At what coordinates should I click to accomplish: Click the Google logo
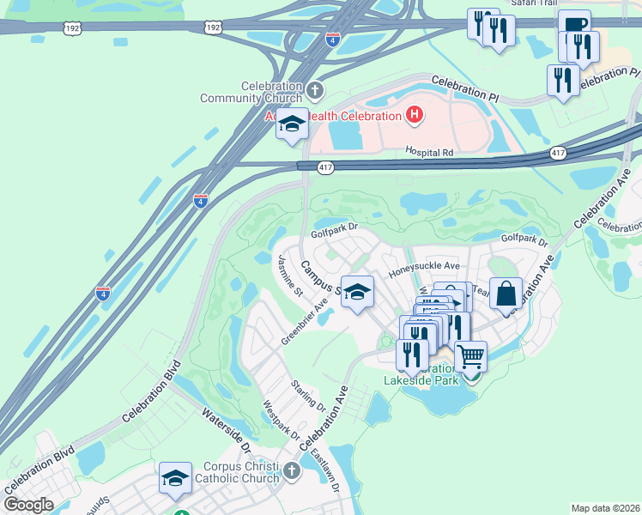click(x=29, y=505)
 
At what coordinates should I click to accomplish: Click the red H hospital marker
click(x=415, y=114)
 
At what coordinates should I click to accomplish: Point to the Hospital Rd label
click(x=429, y=152)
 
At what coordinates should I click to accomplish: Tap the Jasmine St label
click(x=288, y=275)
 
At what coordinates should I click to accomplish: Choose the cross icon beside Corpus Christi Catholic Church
click(x=292, y=470)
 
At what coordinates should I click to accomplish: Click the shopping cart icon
click(x=471, y=354)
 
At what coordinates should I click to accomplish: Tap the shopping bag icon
click(x=506, y=292)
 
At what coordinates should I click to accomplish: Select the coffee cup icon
click(x=574, y=24)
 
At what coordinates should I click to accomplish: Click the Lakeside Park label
click(x=421, y=379)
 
